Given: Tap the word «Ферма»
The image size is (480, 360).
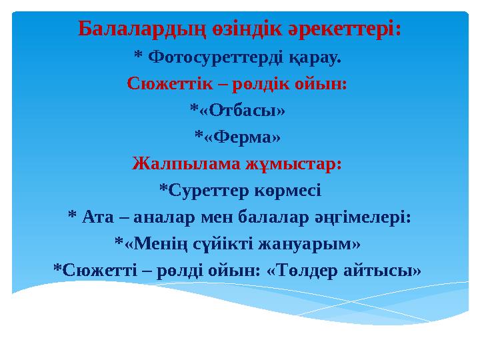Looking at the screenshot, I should click(241, 137).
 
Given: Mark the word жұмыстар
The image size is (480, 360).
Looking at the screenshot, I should click(296, 163).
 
